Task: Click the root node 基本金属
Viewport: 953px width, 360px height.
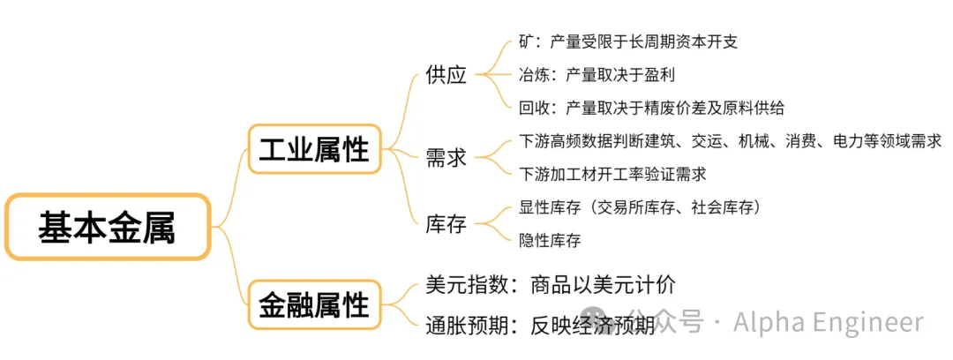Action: pyautogui.click(x=107, y=228)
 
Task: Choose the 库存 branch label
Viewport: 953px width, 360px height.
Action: pyautogui.click(x=446, y=224)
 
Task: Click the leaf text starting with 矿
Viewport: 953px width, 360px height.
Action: pyautogui.click(x=628, y=41)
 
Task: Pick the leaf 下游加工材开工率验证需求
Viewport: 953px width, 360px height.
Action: pyautogui.click(x=613, y=174)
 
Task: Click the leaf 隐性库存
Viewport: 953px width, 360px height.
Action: pyautogui.click(x=550, y=240)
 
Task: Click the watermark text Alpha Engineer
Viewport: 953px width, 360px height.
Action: pyautogui.click(x=828, y=322)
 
